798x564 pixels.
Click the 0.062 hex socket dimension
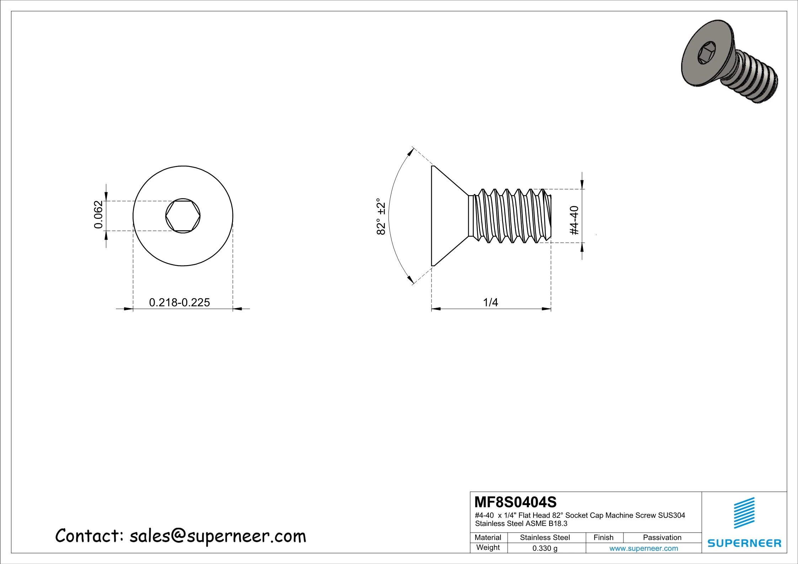coord(98,215)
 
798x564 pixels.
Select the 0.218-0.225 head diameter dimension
coord(179,302)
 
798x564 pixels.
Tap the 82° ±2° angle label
coord(381,216)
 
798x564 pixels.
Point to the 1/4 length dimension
coord(491,302)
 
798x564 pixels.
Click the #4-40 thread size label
coord(574,220)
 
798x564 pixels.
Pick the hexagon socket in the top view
coord(183,216)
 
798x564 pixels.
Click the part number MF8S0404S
coord(515,502)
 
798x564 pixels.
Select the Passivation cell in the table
coord(662,538)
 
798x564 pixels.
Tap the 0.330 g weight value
coord(545,548)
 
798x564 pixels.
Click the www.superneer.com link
coord(643,548)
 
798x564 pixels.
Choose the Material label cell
coord(488,538)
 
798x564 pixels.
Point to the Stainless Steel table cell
coord(545,538)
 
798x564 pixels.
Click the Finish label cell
coord(603,538)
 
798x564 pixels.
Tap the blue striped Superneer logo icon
coord(744,513)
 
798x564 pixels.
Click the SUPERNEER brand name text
coord(744,543)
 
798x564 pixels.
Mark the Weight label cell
coord(488,548)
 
